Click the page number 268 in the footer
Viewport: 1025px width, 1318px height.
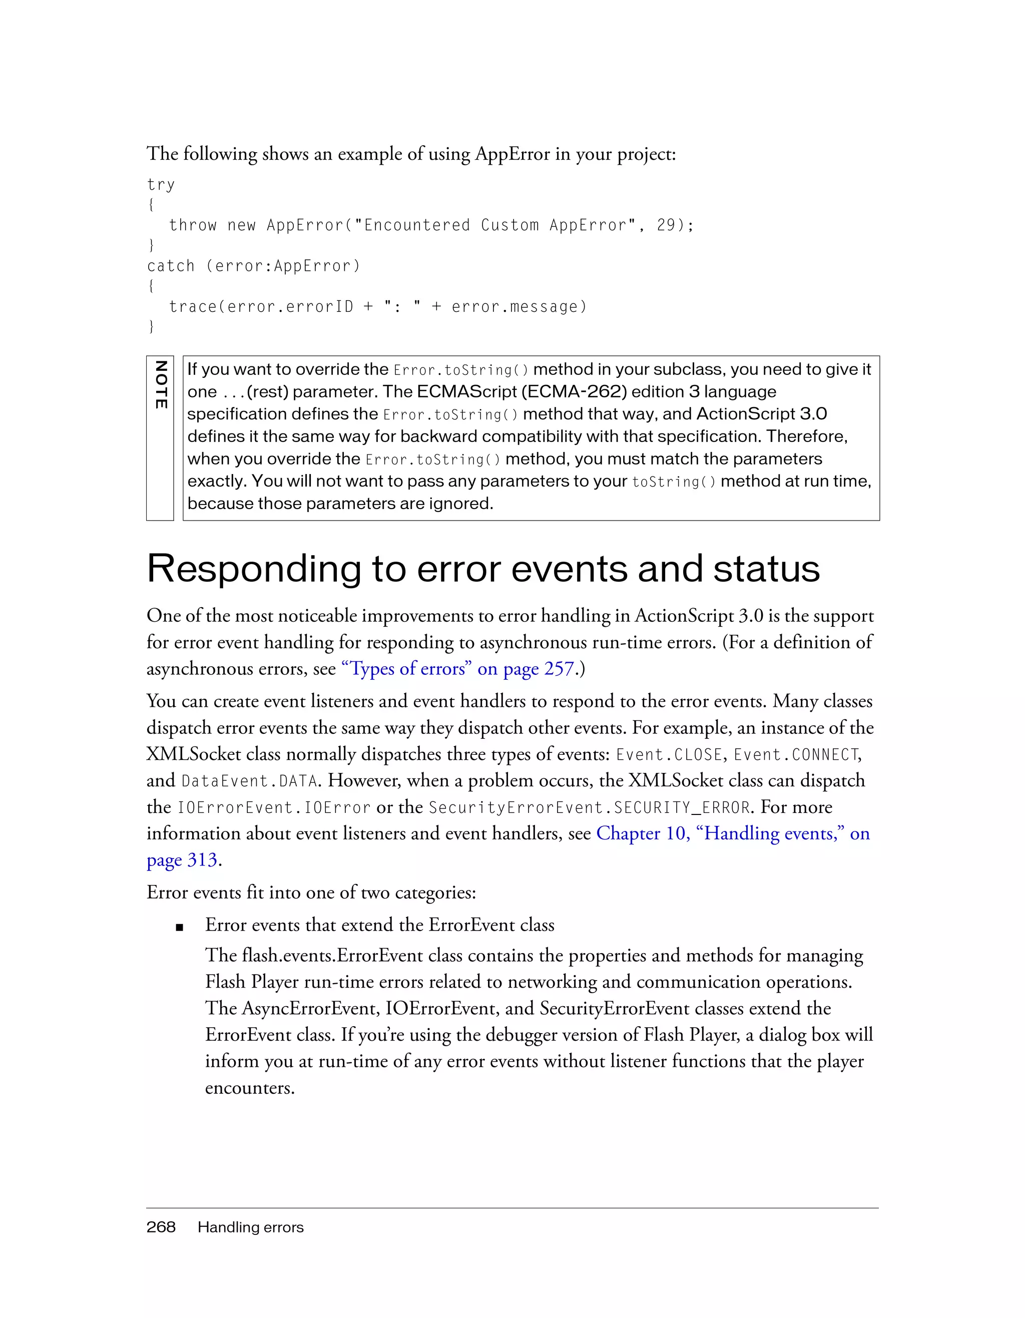[161, 1227]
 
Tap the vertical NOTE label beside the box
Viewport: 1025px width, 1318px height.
[161, 385]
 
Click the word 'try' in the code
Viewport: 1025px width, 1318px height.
[161, 185]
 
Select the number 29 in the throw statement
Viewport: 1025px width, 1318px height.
[666, 225]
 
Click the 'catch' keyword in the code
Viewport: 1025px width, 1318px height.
[171, 266]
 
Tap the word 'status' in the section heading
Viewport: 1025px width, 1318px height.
[766, 569]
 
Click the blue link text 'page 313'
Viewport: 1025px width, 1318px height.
[182, 860]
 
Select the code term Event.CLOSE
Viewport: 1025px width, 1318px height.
[669, 755]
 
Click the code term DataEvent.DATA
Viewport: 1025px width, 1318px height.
[249, 781]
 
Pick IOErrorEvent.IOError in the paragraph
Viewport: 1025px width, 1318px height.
[273, 808]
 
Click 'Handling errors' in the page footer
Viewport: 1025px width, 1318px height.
[250, 1227]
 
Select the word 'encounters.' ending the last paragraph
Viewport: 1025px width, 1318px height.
[250, 1088]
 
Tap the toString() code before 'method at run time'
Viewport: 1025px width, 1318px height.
[673, 482]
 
